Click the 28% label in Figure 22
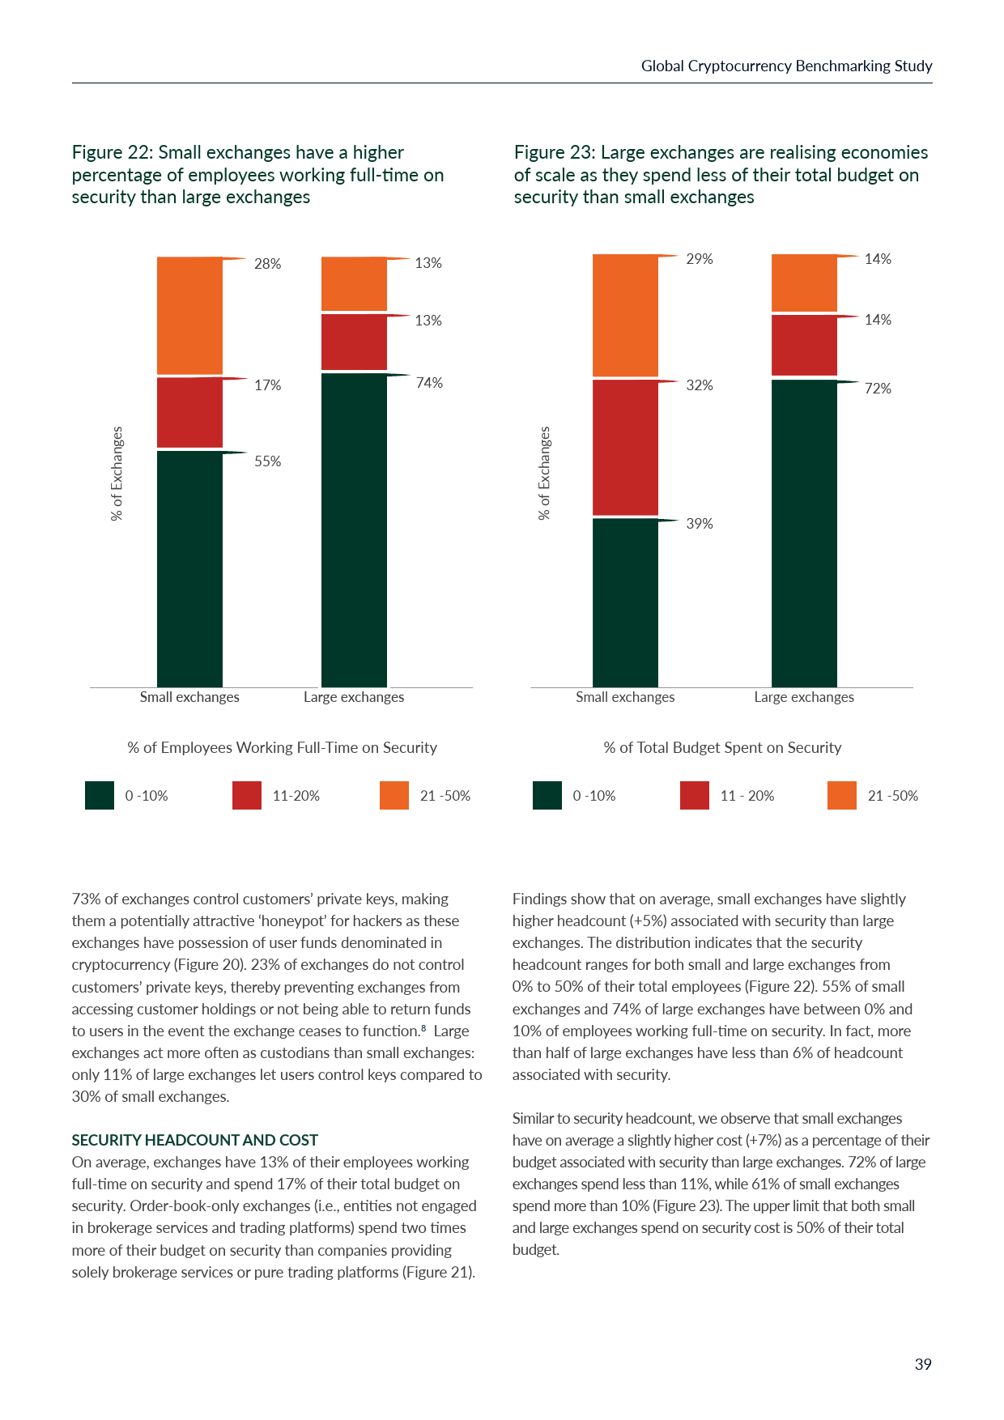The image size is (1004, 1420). click(267, 264)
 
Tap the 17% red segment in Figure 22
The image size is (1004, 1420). click(189, 412)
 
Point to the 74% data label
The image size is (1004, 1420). click(429, 383)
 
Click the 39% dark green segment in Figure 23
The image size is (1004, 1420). click(625, 602)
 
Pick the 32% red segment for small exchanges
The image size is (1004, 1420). click(625, 447)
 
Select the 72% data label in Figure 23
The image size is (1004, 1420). click(878, 389)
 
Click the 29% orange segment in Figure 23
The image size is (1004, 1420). click(625, 316)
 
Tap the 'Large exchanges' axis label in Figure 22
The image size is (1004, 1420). click(354, 697)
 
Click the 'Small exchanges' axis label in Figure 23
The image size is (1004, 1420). click(625, 697)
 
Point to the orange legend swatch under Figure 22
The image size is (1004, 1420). click(394, 795)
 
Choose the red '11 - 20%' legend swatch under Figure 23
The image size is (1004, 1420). click(695, 795)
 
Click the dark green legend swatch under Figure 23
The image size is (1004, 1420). click(547, 795)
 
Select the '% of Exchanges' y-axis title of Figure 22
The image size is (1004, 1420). click(117, 474)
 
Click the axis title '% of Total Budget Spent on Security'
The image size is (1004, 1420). click(722, 747)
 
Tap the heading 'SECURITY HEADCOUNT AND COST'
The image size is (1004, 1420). click(195, 1140)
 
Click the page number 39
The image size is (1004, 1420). click(923, 1364)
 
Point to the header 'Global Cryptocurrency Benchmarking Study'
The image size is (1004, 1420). click(786, 66)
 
